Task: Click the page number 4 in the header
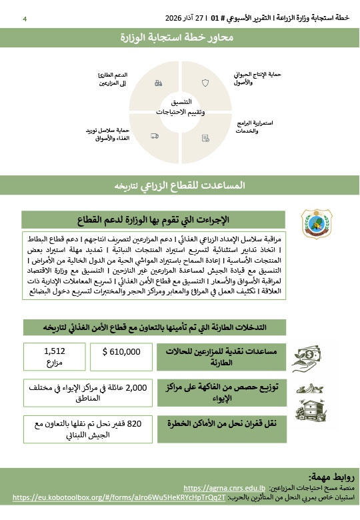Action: click(25, 19)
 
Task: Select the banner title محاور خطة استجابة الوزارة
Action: click(179, 37)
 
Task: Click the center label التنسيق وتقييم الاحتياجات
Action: click(180, 107)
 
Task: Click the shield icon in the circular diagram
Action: click(205, 84)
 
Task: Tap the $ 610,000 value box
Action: click(121, 351)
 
